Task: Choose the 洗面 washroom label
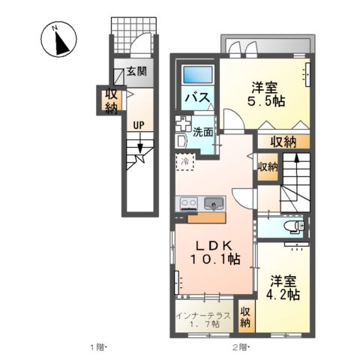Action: [x=202, y=133]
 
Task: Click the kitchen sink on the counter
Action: [x=214, y=202]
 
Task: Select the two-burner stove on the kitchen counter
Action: [x=188, y=202]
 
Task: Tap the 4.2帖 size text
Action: [x=285, y=295]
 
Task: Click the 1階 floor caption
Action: [x=99, y=347]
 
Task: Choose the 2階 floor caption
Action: [x=239, y=347]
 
